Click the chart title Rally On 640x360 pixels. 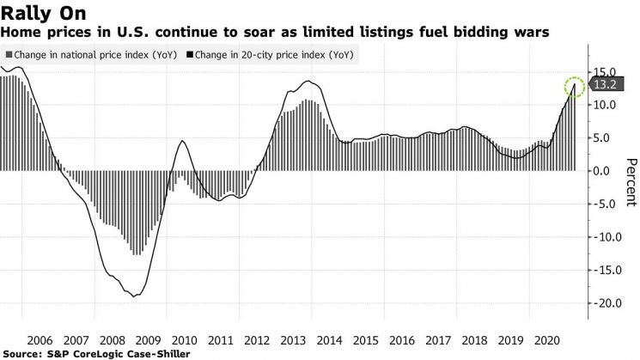43,13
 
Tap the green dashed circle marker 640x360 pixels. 575,87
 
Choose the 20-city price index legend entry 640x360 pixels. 271,55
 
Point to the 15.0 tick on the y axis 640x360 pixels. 604,73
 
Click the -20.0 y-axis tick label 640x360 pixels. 606,303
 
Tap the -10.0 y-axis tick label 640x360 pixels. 606,237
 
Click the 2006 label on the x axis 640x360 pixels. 40,340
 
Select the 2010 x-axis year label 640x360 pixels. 185,340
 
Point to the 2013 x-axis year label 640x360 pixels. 293,340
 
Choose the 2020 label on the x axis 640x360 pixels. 547,340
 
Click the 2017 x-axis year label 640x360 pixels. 438,340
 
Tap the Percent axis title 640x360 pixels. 631,182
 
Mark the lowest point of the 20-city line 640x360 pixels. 134,296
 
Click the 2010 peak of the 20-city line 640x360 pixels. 182,141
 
